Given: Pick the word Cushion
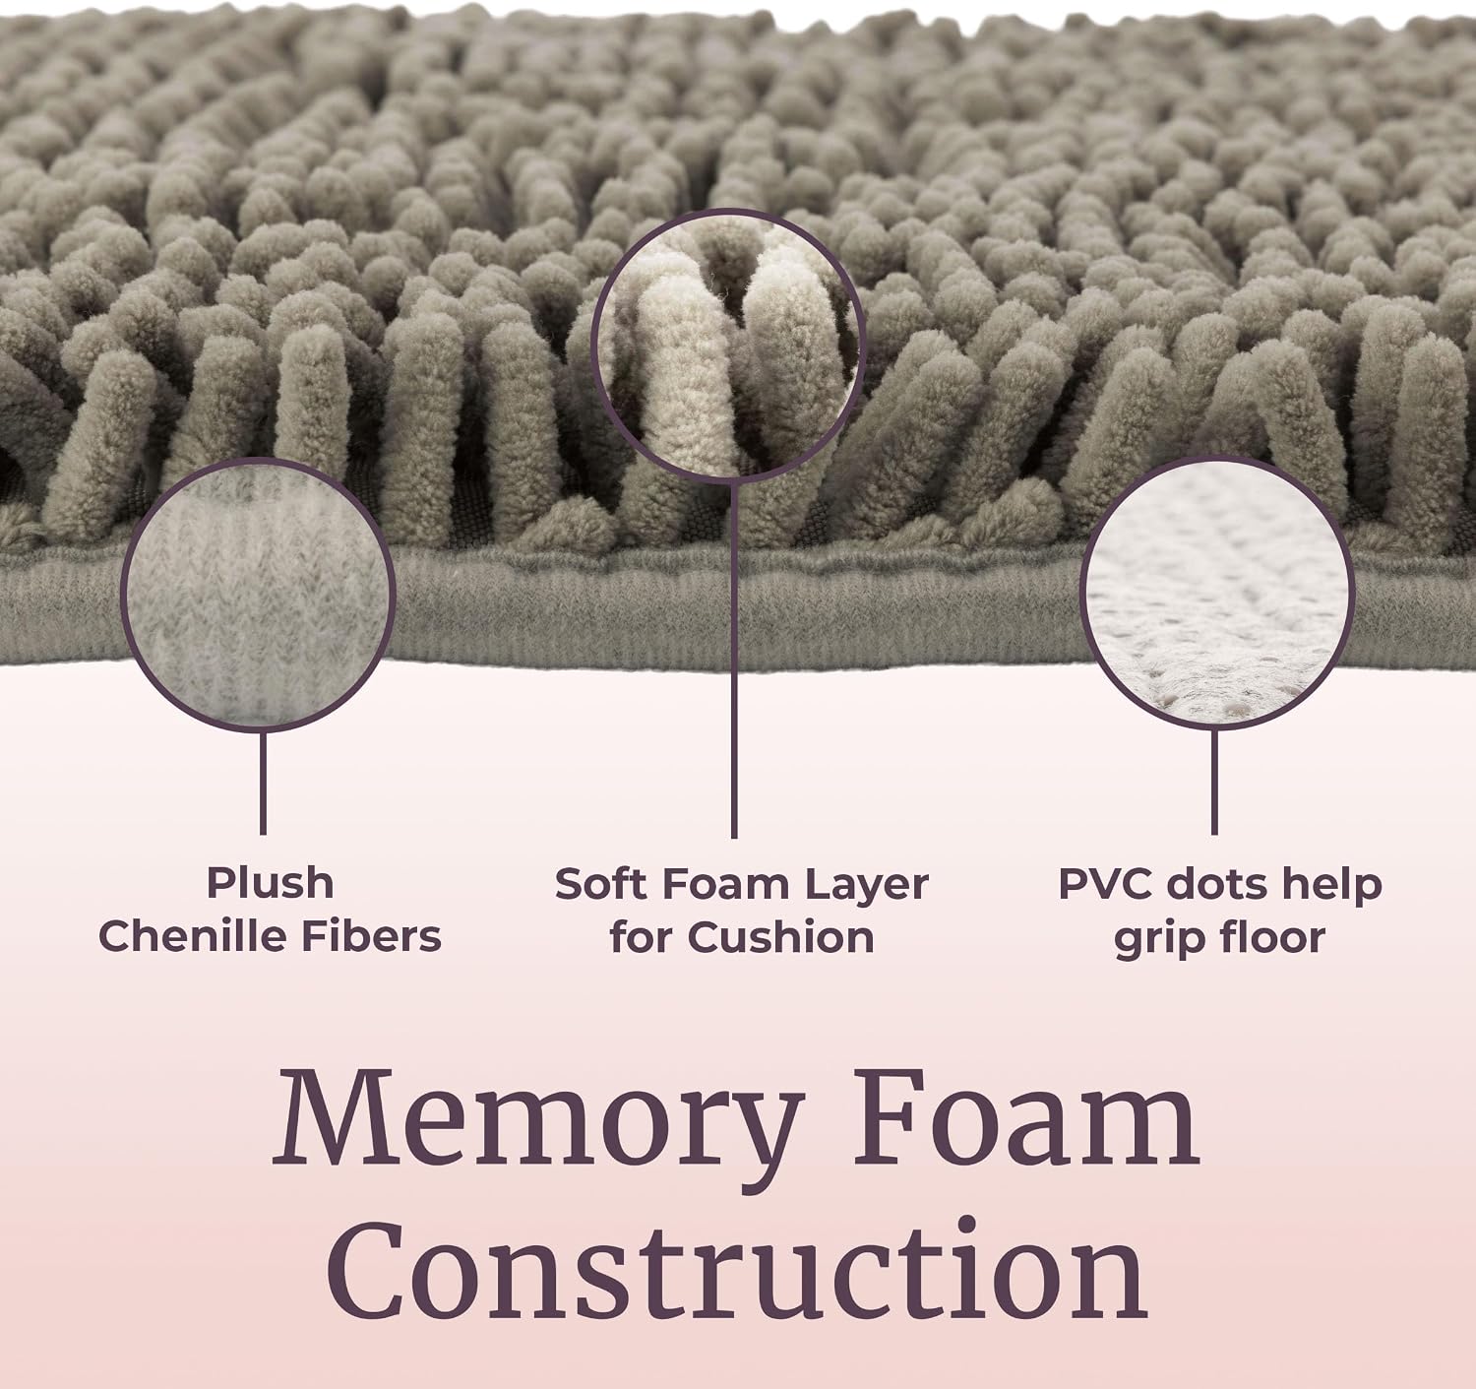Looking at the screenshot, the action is (x=780, y=937).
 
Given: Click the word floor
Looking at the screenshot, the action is (x=1270, y=937).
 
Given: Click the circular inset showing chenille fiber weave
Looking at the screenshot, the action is (x=258, y=595).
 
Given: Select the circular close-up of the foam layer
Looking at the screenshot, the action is (x=729, y=346).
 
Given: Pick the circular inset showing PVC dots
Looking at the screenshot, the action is (x=1216, y=593).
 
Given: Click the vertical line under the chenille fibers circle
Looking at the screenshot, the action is (x=263, y=783).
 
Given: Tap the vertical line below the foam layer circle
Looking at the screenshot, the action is (x=734, y=661).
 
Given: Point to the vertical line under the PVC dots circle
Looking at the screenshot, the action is (x=1214, y=783).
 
